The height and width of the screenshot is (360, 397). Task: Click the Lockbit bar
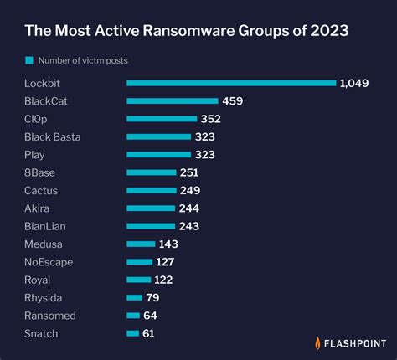[231, 83]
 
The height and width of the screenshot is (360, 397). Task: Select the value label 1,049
[354, 83]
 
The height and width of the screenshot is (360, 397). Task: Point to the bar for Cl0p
[162, 119]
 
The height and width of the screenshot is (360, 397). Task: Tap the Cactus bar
[151, 191]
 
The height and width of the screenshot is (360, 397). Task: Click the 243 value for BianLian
[189, 226]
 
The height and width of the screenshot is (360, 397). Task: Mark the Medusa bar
[141, 244]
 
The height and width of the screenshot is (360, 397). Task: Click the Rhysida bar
[134, 298]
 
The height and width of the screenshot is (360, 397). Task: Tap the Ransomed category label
[50, 316]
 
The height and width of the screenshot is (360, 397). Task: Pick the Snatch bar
[132, 333]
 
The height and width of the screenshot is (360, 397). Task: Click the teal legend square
[29, 60]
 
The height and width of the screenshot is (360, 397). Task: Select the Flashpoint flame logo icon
[318, 342]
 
